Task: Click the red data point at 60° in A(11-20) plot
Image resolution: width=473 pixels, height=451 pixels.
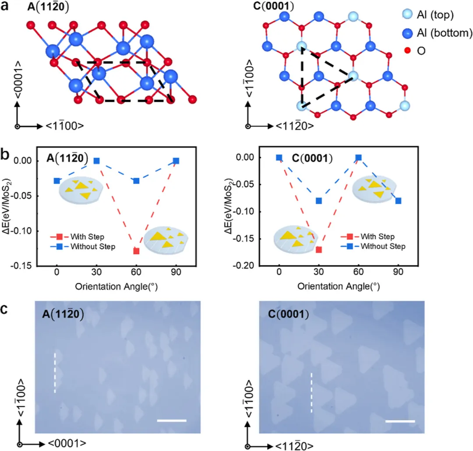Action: pos(136,251)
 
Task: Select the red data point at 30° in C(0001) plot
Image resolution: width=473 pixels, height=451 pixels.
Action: pos(319,250)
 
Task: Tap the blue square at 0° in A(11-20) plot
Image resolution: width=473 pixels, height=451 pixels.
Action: pos(56,181)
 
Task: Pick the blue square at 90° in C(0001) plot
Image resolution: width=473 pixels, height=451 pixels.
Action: pos(398,201)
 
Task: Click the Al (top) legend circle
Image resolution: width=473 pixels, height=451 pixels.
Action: pos(408,14)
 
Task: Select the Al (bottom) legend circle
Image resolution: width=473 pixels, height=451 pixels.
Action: pos(408,33)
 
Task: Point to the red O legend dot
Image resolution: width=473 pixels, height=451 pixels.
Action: pos(408,50)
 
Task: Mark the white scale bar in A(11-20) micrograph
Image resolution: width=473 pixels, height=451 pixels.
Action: pos(172,420)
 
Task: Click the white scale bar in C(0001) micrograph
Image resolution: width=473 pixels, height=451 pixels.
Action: pos(400,421)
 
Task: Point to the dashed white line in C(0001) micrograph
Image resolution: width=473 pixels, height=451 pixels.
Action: pos(312,392)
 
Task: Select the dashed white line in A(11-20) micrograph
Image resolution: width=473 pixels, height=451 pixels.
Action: pos(55,373)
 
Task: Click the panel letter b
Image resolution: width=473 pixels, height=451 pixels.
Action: pos(5,155)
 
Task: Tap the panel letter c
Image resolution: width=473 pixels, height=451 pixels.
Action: pos(4,310)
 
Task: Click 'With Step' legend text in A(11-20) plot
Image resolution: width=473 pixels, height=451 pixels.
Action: pos(87,236)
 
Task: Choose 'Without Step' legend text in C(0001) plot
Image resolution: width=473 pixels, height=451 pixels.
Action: pos(383,246)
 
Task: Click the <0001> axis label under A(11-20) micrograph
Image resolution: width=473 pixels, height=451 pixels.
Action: pos(67,443)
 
